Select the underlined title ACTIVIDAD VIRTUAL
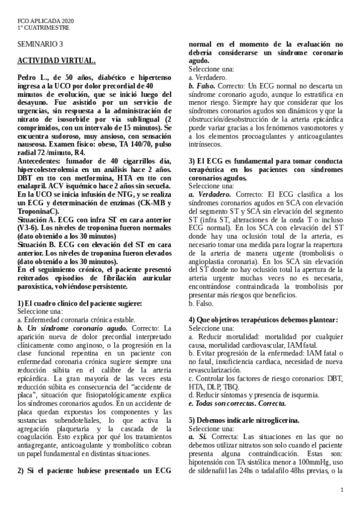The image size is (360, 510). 55,61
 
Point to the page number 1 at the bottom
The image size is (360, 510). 341,491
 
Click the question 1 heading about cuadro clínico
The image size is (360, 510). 79,303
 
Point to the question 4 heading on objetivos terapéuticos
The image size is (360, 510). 263,319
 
